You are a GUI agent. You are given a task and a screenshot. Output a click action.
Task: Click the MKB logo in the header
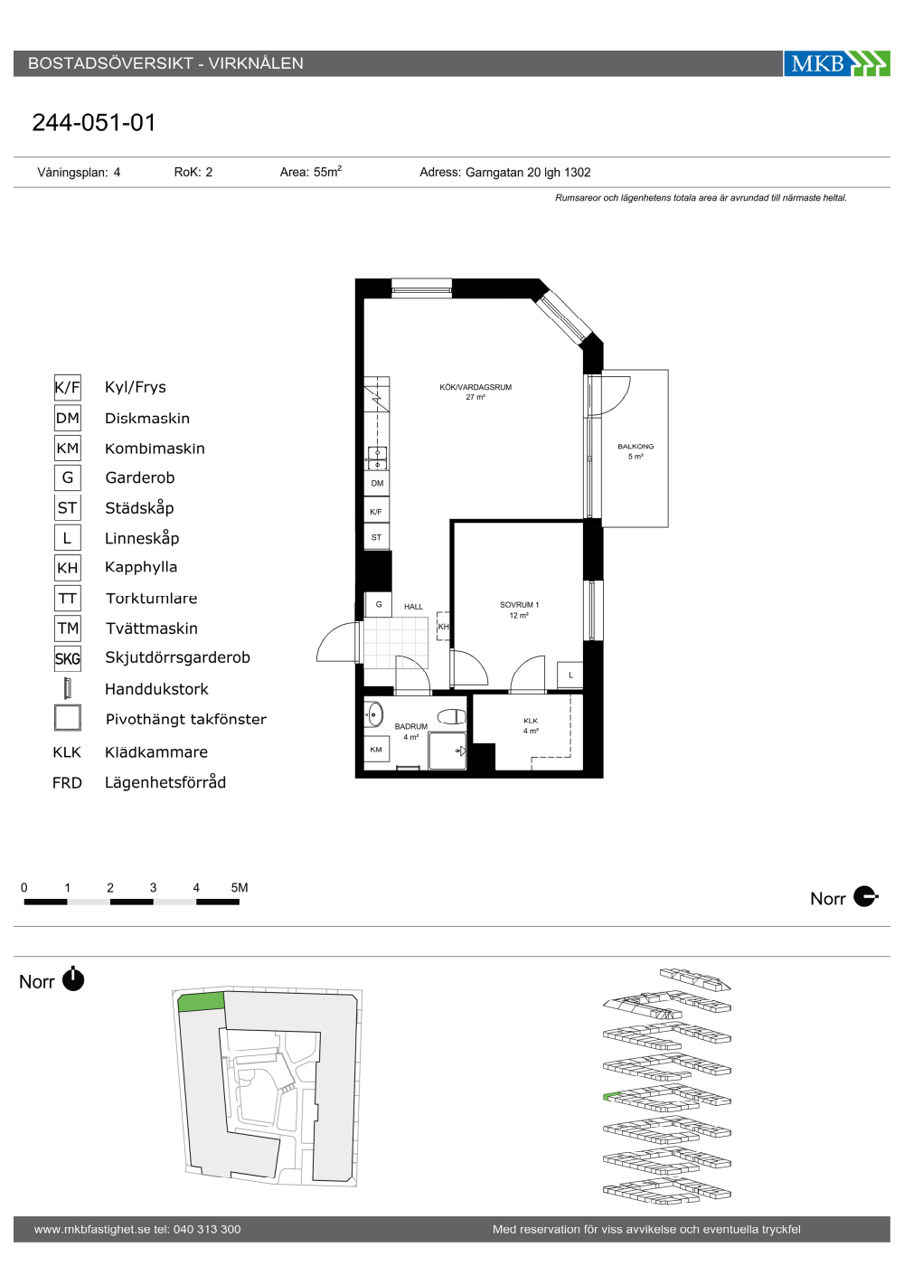(836, 63)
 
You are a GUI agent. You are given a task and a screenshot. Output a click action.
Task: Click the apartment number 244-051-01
(94, 123)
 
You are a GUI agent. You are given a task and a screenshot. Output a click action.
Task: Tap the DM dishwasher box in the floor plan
(377, 483)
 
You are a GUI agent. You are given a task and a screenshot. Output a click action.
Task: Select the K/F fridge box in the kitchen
(376, 511)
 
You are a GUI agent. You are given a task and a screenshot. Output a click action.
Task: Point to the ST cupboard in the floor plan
(376, 537)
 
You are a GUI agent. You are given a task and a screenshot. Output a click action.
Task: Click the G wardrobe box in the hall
(379, 604)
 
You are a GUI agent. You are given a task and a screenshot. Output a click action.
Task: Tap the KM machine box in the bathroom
(376, 750)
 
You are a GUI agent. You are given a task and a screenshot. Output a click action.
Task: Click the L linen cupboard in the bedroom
(570, 675)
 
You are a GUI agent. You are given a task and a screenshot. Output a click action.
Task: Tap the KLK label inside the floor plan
(531, 721)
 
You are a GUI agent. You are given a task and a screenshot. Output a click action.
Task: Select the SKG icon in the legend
(68, 658)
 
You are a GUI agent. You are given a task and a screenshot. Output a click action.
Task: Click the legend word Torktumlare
(152, 598)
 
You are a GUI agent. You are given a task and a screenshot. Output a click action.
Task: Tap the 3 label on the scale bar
(153, 888)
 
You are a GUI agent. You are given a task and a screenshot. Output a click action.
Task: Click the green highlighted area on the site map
(201, 1002)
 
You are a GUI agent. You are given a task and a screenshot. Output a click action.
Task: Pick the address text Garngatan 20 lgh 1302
(528, 173)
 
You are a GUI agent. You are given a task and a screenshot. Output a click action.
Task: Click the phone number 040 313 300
(207, 1229)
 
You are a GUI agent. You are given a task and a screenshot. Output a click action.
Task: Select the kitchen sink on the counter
(378, 458)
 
